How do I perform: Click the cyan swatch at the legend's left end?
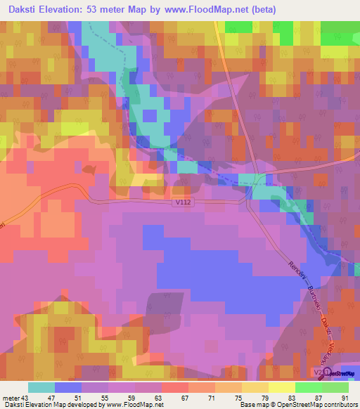(x=41, y=387)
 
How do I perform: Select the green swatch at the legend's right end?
(x=335, y=387)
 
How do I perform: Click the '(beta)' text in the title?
(x=264, y=10)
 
